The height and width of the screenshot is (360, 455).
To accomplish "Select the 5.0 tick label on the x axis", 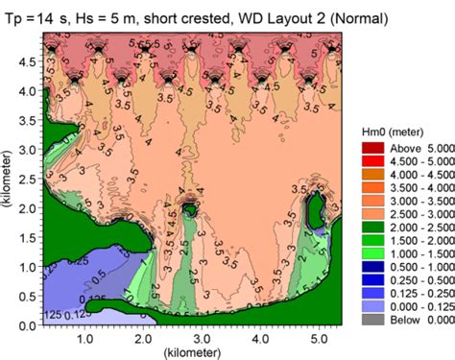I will (318, 339).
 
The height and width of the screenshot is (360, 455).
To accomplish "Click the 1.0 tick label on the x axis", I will (84, 339).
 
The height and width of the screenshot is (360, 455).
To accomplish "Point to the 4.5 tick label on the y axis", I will (28, 61).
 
